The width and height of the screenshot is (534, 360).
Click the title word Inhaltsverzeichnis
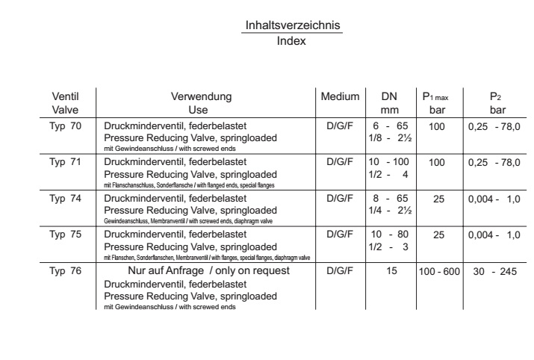[291, 26]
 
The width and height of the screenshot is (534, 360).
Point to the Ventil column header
[65, 96]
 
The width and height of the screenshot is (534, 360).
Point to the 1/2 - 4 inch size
[387, 173]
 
